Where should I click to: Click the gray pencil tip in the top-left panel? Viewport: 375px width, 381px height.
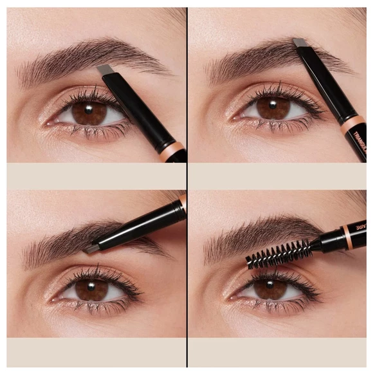[105, 69]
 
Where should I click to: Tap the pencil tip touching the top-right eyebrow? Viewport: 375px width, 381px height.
[300, 42]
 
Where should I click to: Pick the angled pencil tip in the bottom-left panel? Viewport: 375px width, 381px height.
[92, 247]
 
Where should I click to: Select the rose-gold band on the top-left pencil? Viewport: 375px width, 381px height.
[172, 150]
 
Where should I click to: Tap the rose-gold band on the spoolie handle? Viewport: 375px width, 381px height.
[345, 237]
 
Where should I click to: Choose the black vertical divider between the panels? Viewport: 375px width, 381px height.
[187, 193]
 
